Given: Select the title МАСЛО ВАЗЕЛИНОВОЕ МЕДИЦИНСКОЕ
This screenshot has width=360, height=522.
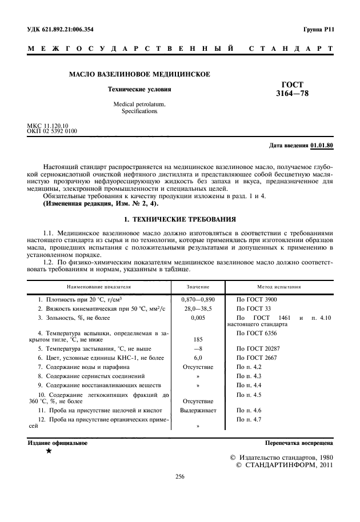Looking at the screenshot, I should [x=139, y=74].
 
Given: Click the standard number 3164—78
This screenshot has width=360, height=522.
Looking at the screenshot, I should [x=295, y=93].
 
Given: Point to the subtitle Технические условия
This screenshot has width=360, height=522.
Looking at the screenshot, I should [x=139, y=90].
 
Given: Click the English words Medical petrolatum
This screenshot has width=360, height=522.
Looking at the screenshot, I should [x=138, y=105].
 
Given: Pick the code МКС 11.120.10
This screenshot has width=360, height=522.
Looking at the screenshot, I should [x=47, y=125].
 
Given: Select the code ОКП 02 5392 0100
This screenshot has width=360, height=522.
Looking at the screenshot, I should [x=52, y=131].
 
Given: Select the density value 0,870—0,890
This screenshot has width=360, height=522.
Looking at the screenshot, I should [x=197, y=299].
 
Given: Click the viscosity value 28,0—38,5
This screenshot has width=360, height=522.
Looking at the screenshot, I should [x=197, y=308].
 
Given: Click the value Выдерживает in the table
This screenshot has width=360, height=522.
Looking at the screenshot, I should [x=197, y=411].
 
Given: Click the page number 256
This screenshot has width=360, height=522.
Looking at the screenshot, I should [x=179, y=479].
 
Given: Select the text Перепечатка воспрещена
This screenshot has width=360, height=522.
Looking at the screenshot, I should [x=299, y=443].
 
